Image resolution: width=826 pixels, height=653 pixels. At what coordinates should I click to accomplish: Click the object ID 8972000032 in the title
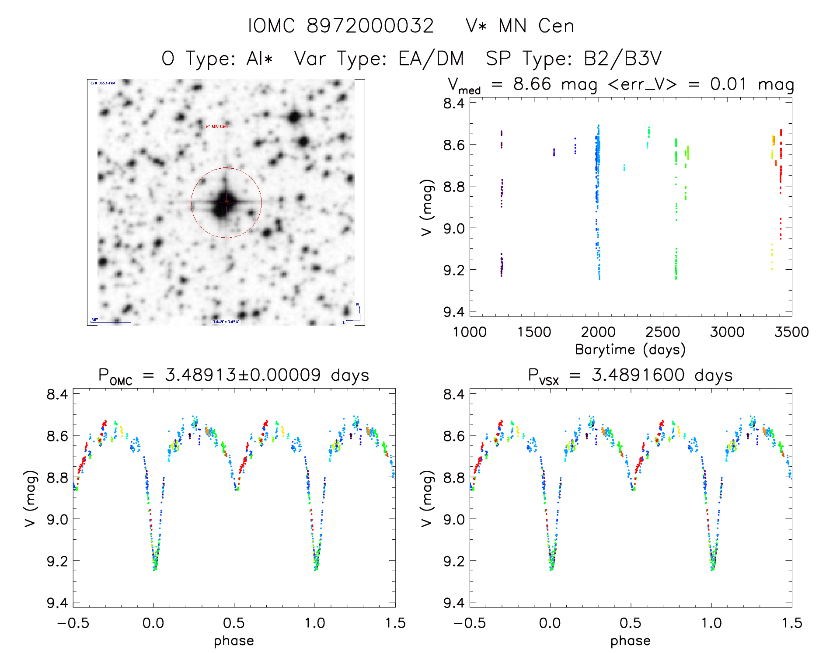(x=370, y=26)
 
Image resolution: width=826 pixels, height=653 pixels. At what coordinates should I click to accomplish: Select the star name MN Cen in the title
(x=536, y=26)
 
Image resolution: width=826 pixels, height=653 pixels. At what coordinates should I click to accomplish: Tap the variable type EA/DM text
(x=431, y=59)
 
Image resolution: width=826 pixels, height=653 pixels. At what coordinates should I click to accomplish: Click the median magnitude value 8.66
(x=532, y=84)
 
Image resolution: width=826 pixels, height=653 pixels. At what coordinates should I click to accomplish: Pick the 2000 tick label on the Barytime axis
(x=598, y=332)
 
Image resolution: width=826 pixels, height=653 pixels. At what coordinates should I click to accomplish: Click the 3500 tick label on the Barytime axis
(x=791, y=332)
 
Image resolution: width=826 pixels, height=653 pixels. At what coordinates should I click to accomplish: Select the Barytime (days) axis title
(x=630, y=350)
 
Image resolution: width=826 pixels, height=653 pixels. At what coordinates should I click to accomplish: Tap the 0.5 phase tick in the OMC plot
(x=234, y=623)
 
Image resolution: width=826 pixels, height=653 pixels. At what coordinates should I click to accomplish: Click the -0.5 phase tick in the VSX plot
(x=469, y=623)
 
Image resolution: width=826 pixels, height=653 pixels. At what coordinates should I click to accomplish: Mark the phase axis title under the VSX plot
(x=630, y=641)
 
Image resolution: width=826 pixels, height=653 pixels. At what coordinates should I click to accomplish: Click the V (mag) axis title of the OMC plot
(x=30, y=498)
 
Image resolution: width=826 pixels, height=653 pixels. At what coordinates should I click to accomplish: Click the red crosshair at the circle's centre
(x=227, y=202)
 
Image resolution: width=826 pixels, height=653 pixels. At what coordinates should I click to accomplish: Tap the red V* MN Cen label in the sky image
(x=217, y=126)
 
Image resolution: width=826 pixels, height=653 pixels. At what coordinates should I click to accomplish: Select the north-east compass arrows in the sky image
(x=355, y=314)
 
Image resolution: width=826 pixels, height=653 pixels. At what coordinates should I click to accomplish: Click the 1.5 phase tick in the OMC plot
(x=395, y=623)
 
